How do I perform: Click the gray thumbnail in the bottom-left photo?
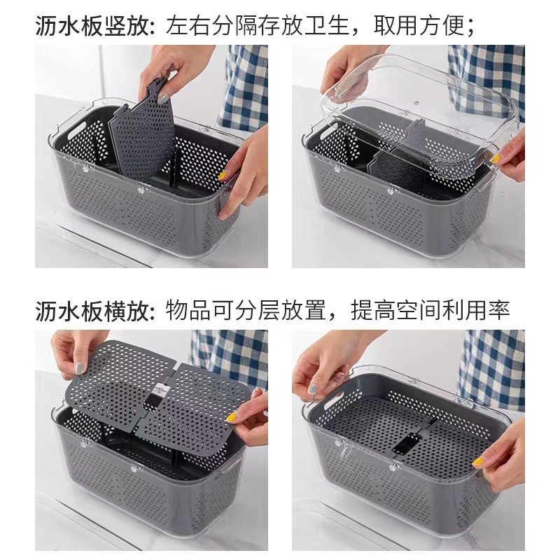click(81, 367)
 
